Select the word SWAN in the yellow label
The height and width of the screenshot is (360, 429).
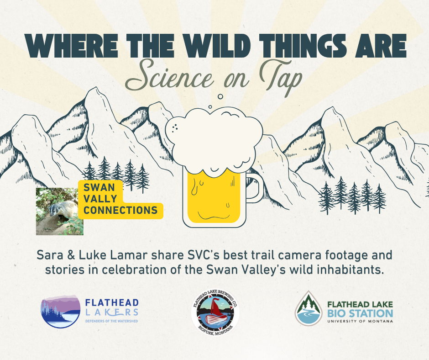[96, 187]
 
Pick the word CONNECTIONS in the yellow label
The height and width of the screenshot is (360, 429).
[120, 211]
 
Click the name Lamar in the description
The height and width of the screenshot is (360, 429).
[126, 254]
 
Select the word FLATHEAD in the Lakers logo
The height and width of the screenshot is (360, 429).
[112, 303]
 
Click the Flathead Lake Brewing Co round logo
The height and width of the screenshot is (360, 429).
[214, 313]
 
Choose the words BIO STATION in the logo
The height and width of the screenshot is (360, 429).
[360, 313]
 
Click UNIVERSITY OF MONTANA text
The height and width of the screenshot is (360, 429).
[360, 321]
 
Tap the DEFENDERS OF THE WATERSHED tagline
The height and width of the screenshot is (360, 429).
[111, 321]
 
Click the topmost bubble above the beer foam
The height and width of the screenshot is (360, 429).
[220, 97]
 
